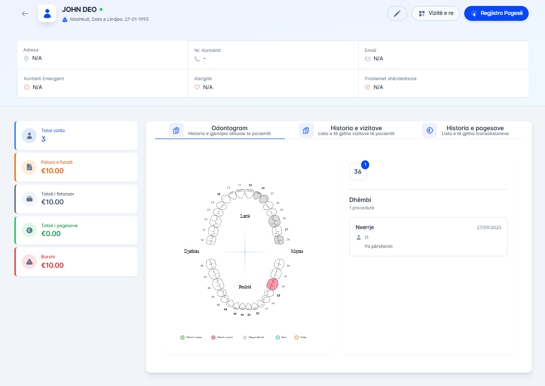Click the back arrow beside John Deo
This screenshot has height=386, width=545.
tap(25, 13)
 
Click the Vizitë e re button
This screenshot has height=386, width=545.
tap(436, 13)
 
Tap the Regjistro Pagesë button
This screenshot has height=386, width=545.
tap(496, 13)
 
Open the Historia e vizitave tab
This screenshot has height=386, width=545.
tap(356, 130)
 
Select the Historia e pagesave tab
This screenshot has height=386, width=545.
tap(475, 130)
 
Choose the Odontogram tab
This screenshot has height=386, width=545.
tap(229, 130)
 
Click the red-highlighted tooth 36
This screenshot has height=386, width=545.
tap(272, 284)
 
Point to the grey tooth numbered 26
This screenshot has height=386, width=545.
tap(274, 221)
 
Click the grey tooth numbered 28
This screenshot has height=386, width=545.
tap(279, 240)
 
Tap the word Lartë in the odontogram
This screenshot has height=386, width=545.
tap(245, 216)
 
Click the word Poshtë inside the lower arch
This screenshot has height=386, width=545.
tap(245, 287)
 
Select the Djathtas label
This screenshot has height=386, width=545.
tap(191, 251)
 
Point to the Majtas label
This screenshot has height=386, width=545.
tap(297, 251)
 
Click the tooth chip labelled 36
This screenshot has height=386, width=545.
tap(358, 172)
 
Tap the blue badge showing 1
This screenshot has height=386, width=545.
tap(365, 165)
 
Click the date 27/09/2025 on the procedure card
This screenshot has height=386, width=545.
tap(489, 228)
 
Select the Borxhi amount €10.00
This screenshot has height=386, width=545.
tap(53, 265)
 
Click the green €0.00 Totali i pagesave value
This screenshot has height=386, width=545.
tap(51, 234)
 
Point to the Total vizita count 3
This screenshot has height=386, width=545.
tap(44, 139)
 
